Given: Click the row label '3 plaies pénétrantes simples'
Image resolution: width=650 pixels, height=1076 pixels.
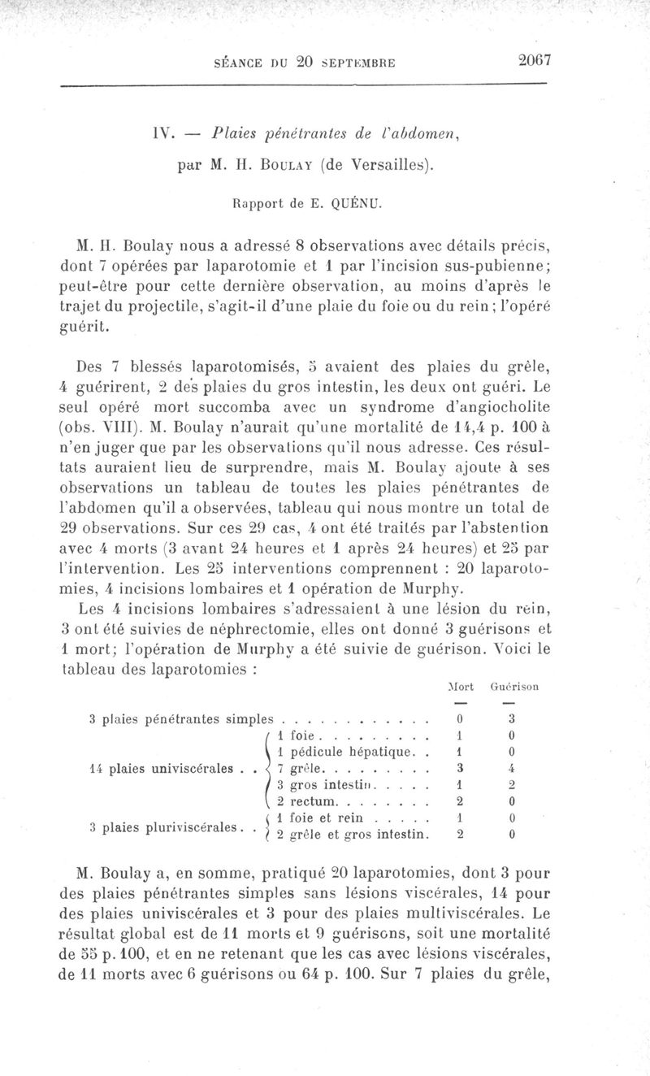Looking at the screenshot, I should (x=180, y=718).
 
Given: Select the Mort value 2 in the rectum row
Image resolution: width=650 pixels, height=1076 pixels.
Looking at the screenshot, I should (x=460, y=801).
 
